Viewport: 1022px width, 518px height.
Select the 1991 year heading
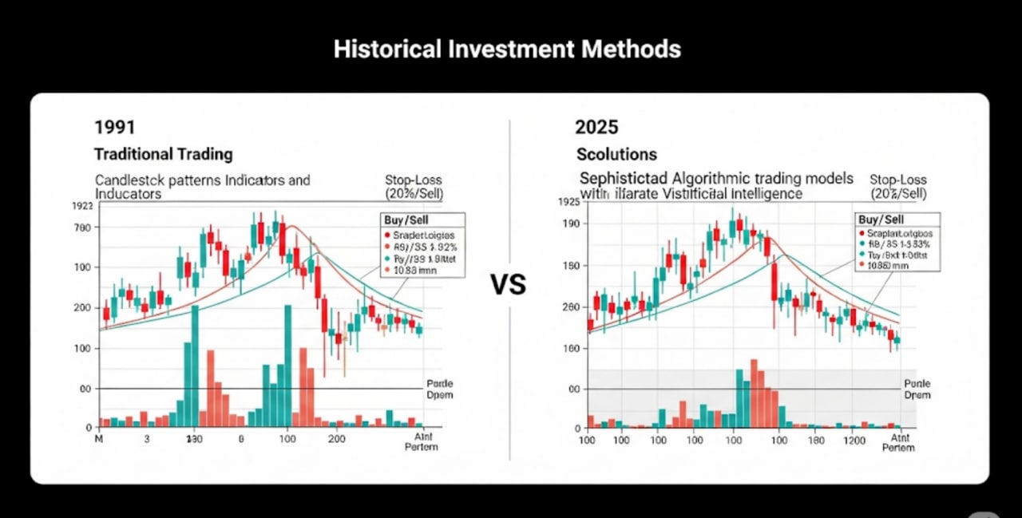[115, 127]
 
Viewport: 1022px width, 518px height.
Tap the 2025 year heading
[596, 127]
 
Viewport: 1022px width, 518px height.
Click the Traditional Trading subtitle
[163, 153]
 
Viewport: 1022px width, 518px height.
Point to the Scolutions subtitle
[617, 153]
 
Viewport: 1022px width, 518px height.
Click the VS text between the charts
[509, 284]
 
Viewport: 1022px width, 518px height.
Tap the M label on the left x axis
[100, 440]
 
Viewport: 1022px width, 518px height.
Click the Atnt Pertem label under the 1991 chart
[422, 441]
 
